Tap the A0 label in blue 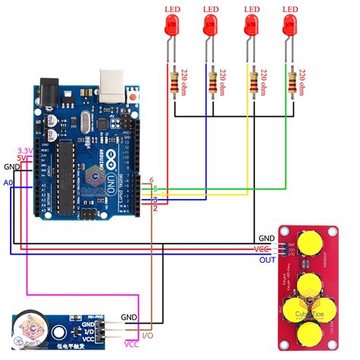point(9,183)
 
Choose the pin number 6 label point(152,179)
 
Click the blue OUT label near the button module point(267,260)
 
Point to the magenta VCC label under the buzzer point(130,346)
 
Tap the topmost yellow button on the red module point(309,242)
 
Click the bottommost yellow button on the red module point(309,332)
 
